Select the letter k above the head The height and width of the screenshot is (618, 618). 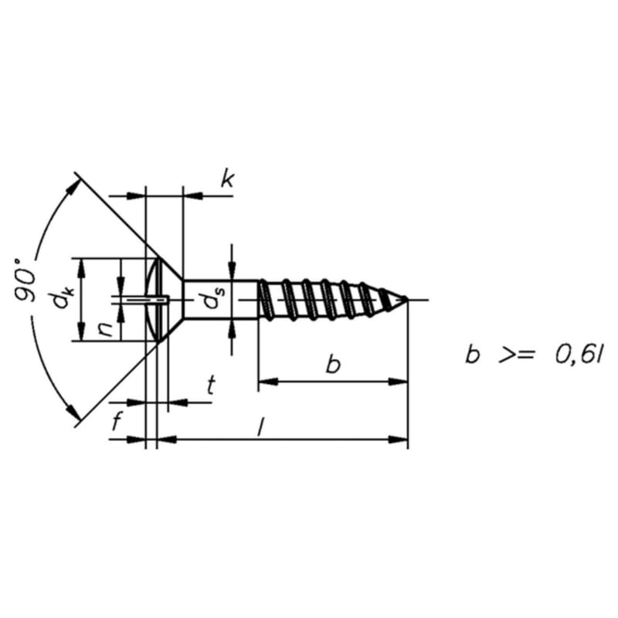[x=227, y=180]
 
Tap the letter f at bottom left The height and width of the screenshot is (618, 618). [x=116, y=421]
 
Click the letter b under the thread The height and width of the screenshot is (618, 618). [x=334, y=365]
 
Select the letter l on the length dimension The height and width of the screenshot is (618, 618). [x=260, y=427]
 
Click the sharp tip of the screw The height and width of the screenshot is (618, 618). [x=407, y=300]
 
